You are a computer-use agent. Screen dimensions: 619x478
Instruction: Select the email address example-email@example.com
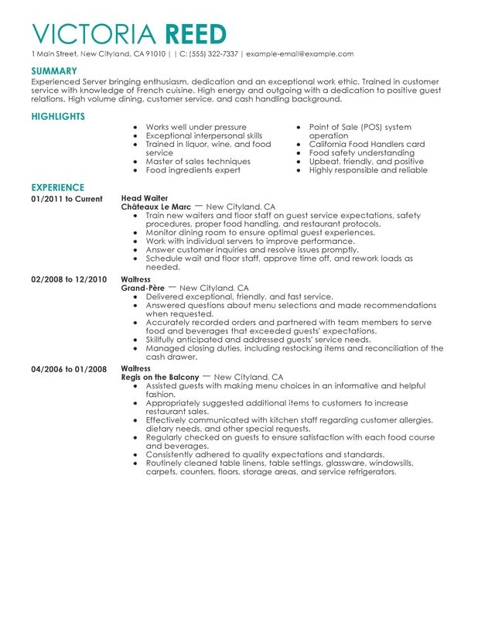point(298,54)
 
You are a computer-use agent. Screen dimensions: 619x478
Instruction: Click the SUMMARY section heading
point(53,70)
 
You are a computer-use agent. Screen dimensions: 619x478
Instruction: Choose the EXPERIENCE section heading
point(57,188)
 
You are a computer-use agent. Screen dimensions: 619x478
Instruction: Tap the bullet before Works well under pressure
point(137,127)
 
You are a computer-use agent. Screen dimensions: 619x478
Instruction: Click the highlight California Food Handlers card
point(367,144)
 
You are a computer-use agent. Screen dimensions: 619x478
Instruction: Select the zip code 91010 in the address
point(153,54)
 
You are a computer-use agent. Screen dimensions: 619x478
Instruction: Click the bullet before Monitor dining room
point(137,233)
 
